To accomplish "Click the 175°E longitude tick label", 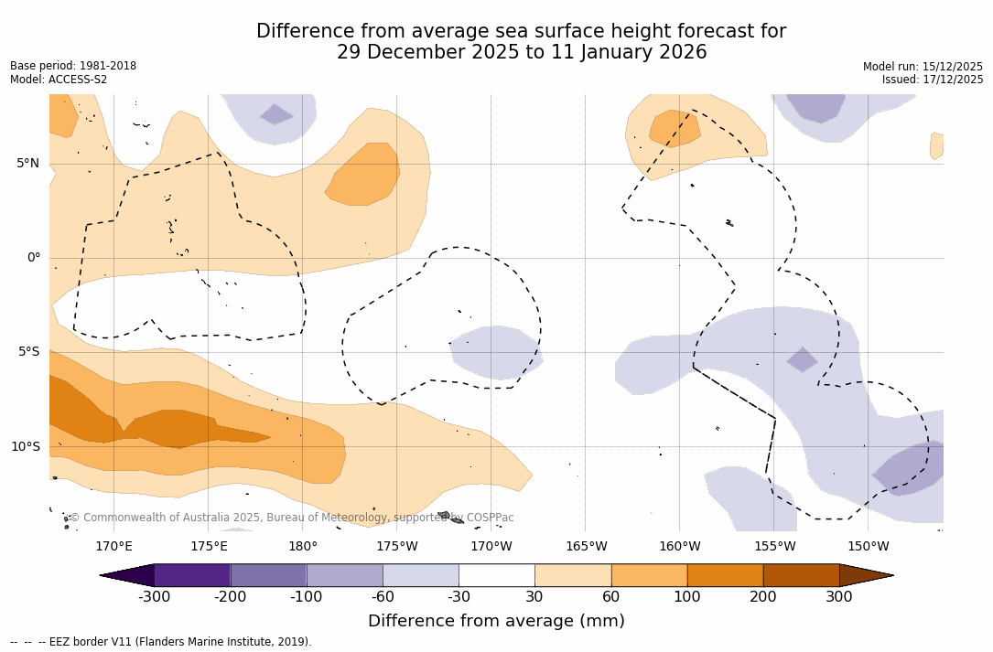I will (209, 547).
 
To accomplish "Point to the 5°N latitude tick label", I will (27, 164).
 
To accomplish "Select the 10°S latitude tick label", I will (25, 447).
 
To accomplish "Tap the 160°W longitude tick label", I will (679, 547).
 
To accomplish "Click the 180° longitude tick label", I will (303, 547).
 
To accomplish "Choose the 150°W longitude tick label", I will (868, 547).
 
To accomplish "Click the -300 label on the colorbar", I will (154, 597).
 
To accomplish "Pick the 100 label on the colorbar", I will (687, 597).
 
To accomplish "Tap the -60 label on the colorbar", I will (383, 597).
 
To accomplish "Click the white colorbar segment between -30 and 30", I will (497, 575).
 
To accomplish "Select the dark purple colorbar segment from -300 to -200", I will (192, 575).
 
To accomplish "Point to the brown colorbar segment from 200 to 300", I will (801, 575).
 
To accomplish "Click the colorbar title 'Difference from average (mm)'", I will (496, 622).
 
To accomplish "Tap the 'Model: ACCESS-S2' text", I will (59, 80).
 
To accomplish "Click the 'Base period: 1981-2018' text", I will (73, 66).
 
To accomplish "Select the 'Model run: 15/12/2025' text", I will (923, 67).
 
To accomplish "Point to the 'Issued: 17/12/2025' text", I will (933, 80).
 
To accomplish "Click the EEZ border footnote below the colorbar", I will (161, 642).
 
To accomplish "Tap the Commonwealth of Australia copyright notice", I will (292, 518).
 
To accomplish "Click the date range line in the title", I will (522, 52).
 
